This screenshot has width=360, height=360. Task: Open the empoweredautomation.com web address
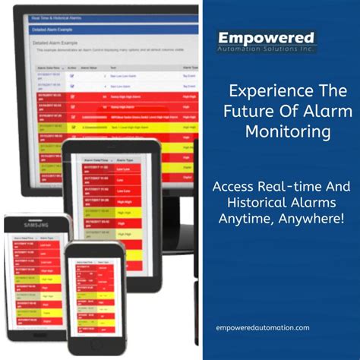point(263,327)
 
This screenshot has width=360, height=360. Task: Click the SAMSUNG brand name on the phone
point(37,226)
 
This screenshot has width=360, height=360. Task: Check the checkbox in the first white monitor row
point(71,74)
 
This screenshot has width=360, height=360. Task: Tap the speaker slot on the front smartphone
point(96,251)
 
